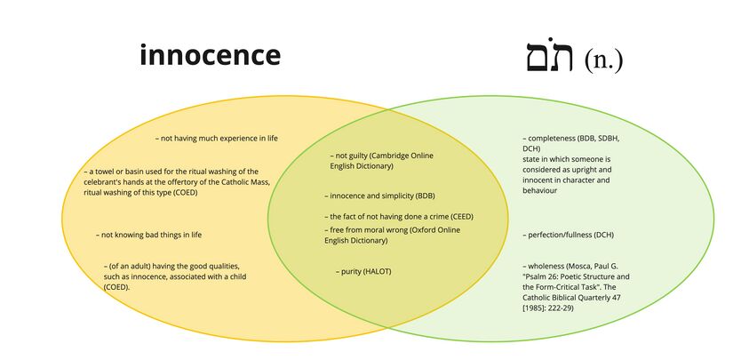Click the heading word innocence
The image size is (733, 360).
tap(210, 55)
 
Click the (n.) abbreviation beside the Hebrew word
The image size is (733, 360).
tap(603, 60)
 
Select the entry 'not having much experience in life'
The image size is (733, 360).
tap(218, 139)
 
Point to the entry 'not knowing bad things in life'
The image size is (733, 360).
tap(149, 235)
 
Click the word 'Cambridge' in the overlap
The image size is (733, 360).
tap(390, 156)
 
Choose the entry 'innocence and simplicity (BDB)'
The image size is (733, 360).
tap(379, 196)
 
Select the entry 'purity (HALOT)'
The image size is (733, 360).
tap(364, 271)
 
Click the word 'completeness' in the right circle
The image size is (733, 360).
tap(554, 139)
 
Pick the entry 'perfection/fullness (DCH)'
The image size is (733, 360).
tap(569, 235)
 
